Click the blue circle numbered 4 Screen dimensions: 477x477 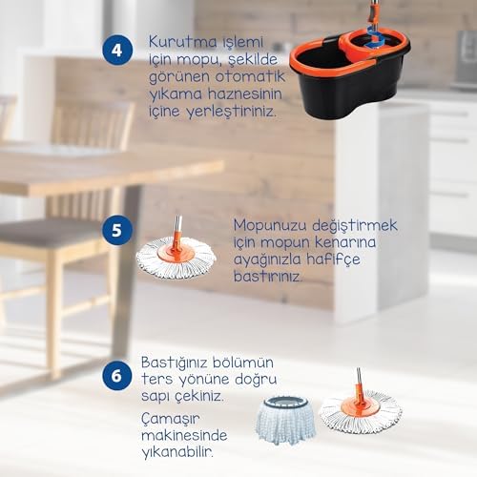117,51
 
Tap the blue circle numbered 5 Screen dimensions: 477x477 117,230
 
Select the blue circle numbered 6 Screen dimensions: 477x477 117,376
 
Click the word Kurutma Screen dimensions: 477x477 183,42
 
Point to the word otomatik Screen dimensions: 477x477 250,76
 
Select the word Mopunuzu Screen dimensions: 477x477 270,226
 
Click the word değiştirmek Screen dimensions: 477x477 355,226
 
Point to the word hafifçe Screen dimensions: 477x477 333,259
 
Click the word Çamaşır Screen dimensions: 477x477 171,419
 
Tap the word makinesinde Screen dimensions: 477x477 184,435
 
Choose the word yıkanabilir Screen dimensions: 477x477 177,452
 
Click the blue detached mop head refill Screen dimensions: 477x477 285,420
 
